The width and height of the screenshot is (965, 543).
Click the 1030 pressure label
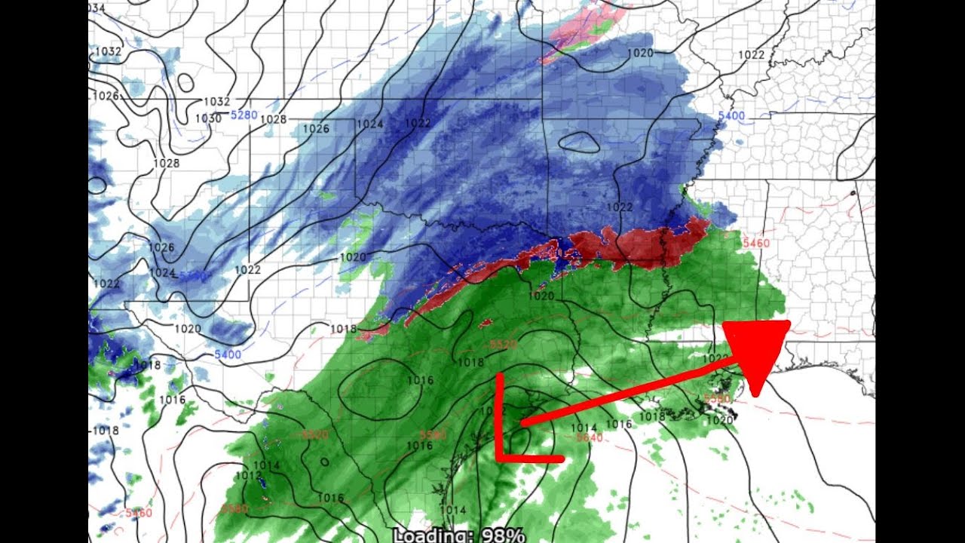coord(208,118)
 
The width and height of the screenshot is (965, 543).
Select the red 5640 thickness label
coord(589,438)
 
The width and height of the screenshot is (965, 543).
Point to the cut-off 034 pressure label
coord(96,8)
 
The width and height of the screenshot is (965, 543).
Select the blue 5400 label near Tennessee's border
coord(731,115)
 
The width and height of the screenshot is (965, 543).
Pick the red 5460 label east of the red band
coord(756,243)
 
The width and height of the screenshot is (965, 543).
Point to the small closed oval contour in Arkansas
coord(580,142)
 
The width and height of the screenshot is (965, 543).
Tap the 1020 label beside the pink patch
coord(640,53)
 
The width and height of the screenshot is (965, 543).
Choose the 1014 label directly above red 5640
coord(584,428)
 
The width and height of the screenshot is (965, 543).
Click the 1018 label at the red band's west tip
coord(344,328)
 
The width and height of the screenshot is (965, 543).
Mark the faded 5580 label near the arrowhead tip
coord(716,397)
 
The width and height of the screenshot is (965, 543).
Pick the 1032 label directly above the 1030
coord(216,102)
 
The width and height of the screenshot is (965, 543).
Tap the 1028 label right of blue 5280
coord(273,119)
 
